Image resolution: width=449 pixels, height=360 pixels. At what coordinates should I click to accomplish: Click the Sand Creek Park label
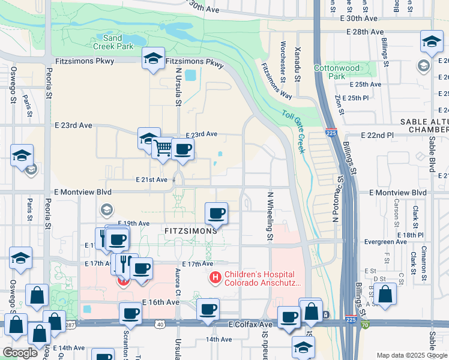coord(108,41)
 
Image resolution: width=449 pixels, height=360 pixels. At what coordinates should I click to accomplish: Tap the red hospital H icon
coord(214,278)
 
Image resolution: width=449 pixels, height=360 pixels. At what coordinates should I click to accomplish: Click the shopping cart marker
coord(162,147)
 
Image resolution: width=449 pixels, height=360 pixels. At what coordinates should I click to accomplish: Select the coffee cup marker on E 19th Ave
coord(216,213)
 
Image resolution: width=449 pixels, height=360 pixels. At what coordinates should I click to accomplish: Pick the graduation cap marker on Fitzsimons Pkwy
coord(153,58)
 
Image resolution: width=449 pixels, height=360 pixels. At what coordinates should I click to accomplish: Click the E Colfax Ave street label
coord(250,324)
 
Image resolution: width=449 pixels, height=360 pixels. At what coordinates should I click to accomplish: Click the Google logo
coord(20,353)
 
